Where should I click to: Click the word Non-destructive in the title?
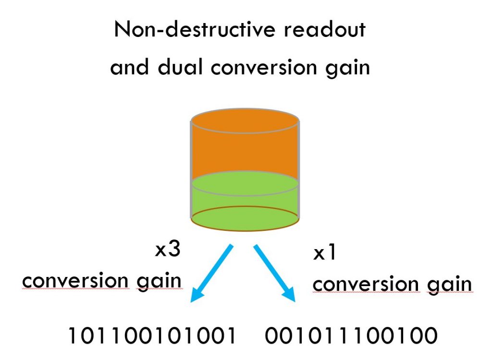pos(195,29)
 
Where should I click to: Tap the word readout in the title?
pos(325,29)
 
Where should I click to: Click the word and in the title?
pos(130,67)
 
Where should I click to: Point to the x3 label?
pos(168,249)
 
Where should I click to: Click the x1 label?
pos(324,252)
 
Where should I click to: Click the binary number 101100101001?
pos(152,336)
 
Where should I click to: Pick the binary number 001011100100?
pos(351,336)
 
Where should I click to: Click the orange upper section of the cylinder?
pos(245,147)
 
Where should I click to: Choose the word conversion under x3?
pos(75,280)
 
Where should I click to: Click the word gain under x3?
pos(159,281)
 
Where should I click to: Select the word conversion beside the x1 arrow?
pos(366,285)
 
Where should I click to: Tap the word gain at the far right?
pos(450,286)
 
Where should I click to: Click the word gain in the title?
pos(348,68)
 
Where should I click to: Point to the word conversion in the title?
pos(264,67)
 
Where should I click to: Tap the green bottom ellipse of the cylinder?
pos(245,219)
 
